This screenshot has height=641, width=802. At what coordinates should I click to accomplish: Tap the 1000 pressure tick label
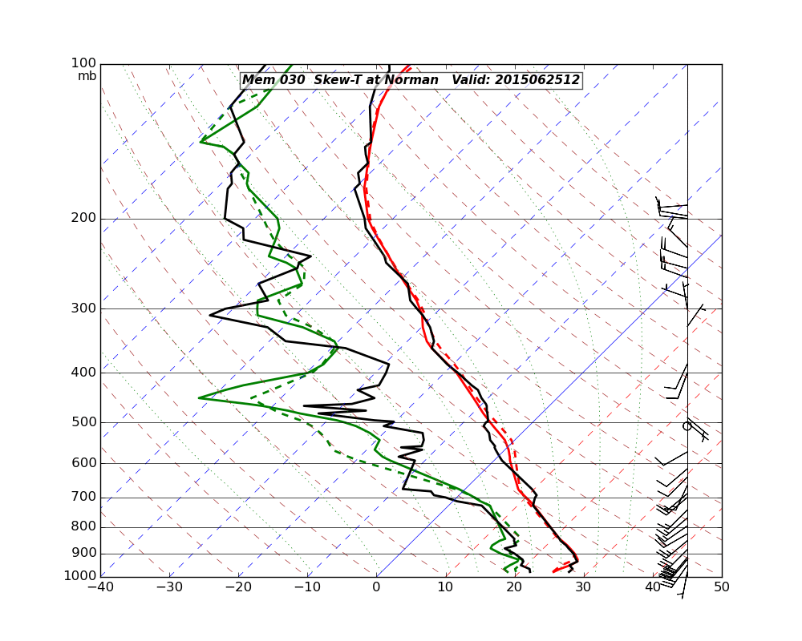[81, 576]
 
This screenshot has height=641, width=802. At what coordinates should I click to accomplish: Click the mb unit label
[87, 76]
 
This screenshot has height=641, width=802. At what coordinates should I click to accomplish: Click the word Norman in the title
[411, 80]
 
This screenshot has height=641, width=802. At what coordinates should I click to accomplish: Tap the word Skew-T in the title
[338, 80]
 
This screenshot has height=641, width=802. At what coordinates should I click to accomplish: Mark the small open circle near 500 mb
[687, 426]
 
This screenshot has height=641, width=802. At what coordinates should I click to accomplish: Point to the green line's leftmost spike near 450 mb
[199, 397]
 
